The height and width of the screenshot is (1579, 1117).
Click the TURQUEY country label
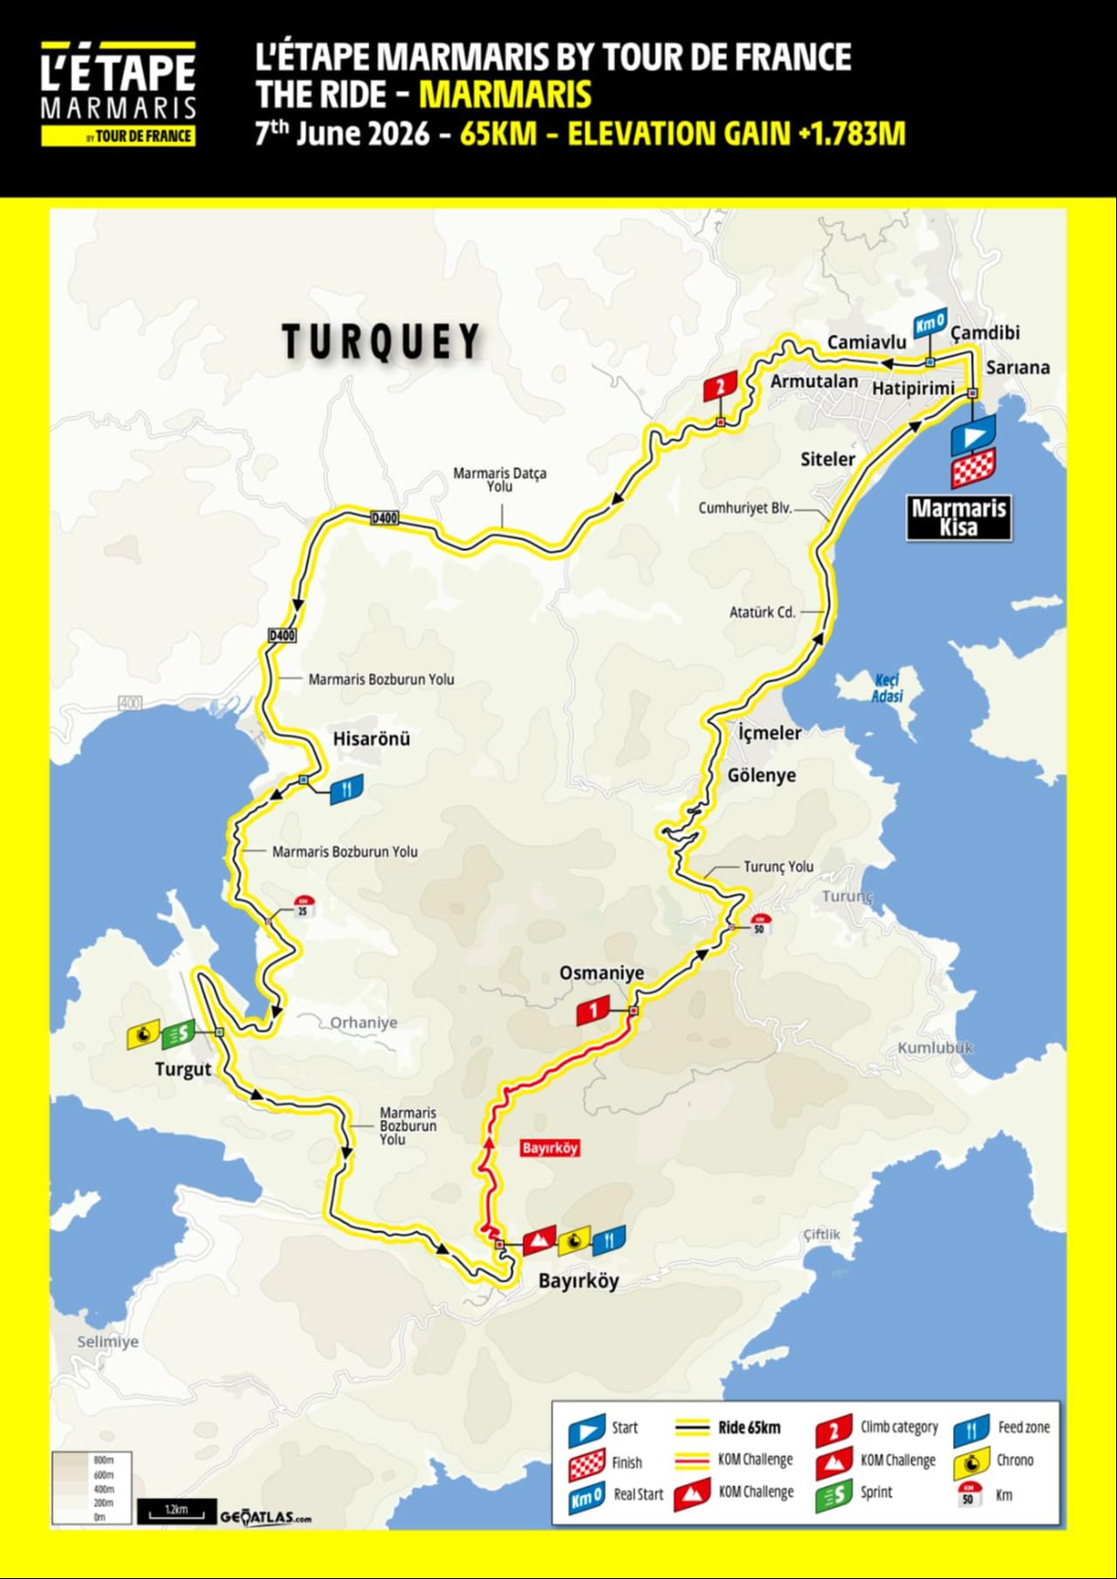pos(381,341)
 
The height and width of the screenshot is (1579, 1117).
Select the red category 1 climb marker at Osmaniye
pos(593,1011)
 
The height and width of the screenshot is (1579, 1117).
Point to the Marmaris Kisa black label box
pos(959,518)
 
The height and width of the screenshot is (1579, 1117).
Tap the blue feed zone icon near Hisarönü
pos(346,789)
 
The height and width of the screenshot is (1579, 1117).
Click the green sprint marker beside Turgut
pos(178,1033)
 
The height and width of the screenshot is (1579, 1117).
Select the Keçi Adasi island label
pos(887,688)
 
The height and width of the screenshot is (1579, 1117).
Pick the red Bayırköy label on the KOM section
pos(550,1148)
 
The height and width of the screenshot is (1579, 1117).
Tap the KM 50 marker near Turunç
pos(759,923)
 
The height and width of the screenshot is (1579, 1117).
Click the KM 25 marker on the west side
pos(304,906)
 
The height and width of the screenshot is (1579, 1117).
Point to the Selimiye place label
pos(107,1342)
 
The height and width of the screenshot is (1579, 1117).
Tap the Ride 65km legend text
pos(749,1428)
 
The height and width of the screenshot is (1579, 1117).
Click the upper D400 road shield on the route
pos(384,518)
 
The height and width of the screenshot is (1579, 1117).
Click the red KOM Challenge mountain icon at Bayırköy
pos(539,1239)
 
